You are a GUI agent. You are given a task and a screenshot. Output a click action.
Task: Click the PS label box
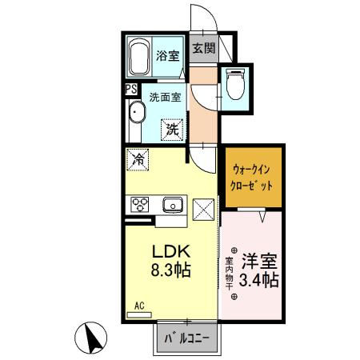point(129,90)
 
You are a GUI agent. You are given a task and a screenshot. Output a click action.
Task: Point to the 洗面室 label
point(165,97)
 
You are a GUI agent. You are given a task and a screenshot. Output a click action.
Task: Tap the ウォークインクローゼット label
point(253,176)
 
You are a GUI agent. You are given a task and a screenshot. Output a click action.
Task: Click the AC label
point(138,306)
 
